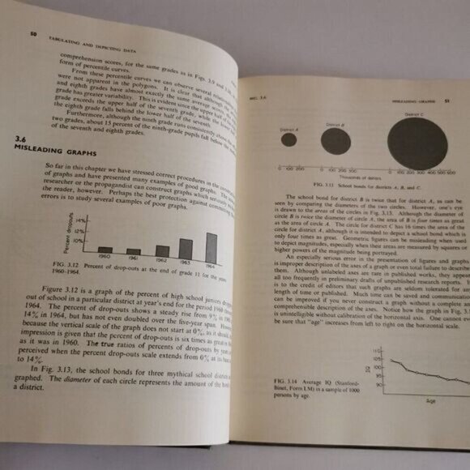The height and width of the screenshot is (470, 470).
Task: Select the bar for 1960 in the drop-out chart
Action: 104,250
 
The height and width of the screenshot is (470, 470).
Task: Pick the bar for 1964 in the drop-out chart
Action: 211,244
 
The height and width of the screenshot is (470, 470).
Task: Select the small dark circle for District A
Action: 288,139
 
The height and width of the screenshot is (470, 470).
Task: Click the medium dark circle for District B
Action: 335,142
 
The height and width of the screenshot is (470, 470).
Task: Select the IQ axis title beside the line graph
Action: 364,371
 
